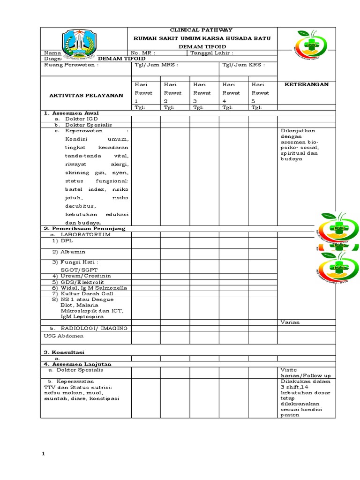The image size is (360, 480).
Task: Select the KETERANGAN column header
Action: click(307, 84)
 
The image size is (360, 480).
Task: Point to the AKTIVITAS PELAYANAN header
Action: click(86, 95)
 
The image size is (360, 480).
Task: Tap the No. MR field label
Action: click(143, 53)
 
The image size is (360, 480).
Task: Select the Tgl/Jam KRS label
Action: click(243, 65)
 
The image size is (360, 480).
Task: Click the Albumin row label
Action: click(70, 252)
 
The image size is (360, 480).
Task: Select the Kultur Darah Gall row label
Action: click(83, 293)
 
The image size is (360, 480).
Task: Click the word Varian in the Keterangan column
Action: click(290, 322)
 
